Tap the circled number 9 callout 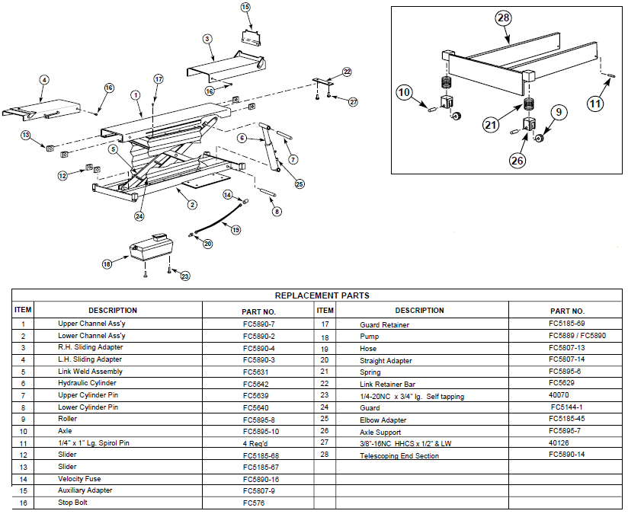559,113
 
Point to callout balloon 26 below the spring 517,161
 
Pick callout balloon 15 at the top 245,8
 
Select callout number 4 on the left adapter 44,79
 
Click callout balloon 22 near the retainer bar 347,72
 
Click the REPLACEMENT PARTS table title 322,295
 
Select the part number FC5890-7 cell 258,324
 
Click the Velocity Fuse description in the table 82,479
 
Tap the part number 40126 559,442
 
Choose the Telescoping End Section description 399,455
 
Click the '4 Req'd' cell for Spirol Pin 255,443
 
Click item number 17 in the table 325,324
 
